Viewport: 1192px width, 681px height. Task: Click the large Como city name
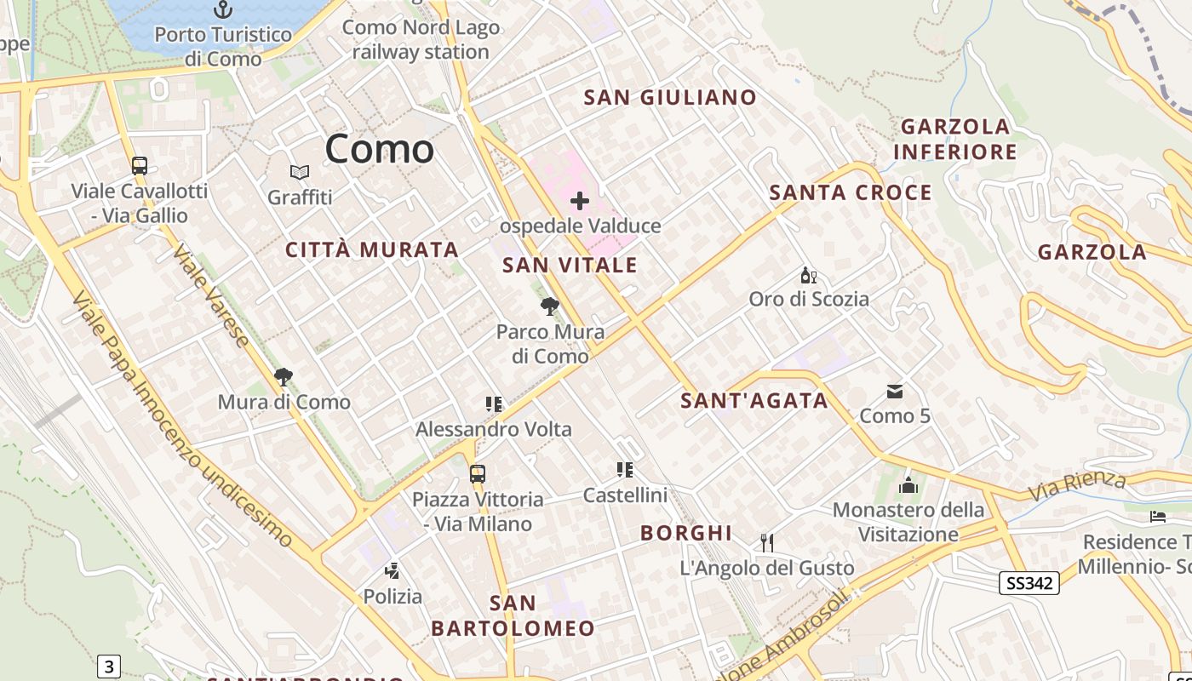tap(380, 149)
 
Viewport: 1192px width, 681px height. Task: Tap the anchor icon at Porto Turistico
tap(223, 9)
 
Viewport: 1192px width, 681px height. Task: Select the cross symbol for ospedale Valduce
tap(580, 201)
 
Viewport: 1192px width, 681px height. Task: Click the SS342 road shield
tap(1029, 583)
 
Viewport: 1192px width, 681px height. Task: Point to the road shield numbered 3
tap(108, 666)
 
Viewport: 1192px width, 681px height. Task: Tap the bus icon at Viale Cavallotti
tap(140, 166)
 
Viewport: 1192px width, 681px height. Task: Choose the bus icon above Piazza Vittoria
tap(478, 474)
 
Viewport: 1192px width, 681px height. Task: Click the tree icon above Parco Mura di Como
tap(550, 306)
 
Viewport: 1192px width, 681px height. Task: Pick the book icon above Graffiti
tap(300, 173)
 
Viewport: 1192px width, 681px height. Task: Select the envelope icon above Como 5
tap(895, 392)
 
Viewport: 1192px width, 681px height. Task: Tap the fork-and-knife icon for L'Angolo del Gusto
tap(767, 542)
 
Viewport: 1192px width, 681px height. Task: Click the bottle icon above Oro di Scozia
tap(808, 275)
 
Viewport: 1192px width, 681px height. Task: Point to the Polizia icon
tap(393, 571)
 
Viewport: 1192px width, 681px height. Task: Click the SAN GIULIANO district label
tap(670, 97)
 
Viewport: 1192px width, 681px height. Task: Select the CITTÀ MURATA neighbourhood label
tap(372, 249)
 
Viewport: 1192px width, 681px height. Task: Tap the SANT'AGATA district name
tap(754, 400)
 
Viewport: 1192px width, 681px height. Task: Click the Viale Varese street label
tap(212, 295)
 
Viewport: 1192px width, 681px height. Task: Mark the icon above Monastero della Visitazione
tap(908, 486)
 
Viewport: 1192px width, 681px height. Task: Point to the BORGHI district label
tap(686, 533)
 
